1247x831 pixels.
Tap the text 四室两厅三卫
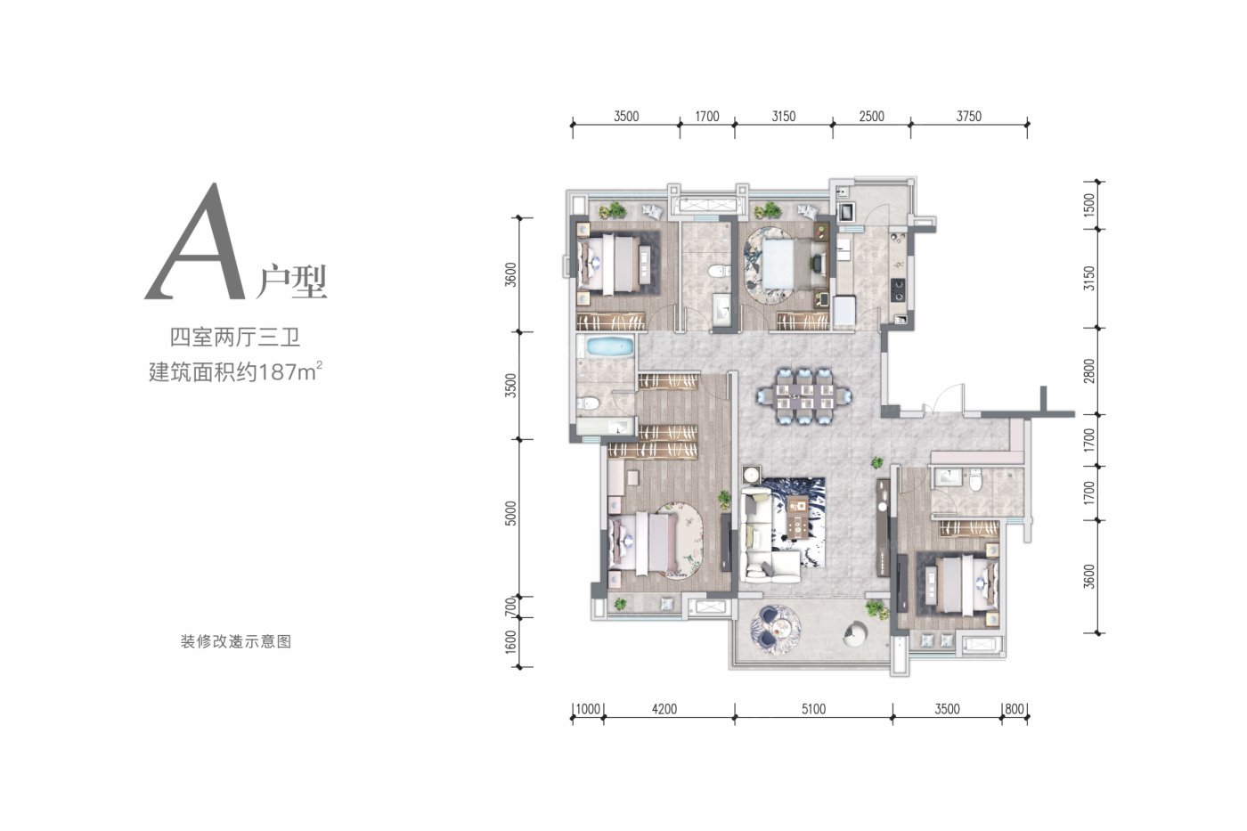click(x=235, y=338)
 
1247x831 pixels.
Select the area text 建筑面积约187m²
click(x=235, y=371)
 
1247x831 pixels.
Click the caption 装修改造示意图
click(x=236, y=641)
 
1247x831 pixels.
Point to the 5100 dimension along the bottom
click(x=813, y=709)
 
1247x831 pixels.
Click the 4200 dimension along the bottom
click(x=664, y=709)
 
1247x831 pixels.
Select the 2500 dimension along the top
click(x=871, y=117)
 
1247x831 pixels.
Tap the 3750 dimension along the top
click(x=969, y=117)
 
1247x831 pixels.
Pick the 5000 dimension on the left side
click(x=510, y=513)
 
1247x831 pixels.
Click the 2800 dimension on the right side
click(x=1088, y=371)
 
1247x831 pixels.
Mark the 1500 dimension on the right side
click(x=1088, y=205)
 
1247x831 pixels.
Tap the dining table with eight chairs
click(x=803, y=395)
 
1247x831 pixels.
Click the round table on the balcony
click(x=776, y=627)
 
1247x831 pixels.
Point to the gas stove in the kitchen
click(x=898, y=290)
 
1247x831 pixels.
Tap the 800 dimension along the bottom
click(x=1015, y=709)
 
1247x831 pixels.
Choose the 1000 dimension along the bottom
click(x=588, y=709)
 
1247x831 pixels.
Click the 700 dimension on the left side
click(x=510, y=607)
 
